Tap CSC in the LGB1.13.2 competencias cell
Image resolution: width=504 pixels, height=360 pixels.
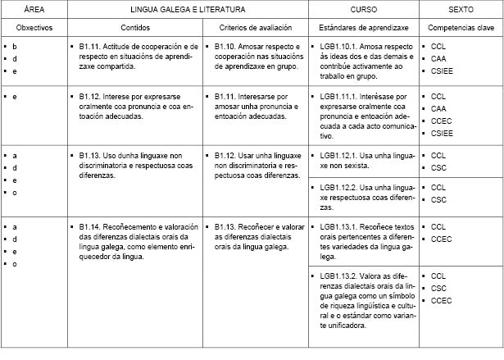tap(438, 289)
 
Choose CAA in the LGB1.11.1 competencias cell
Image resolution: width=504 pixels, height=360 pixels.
tap(438, 108)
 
